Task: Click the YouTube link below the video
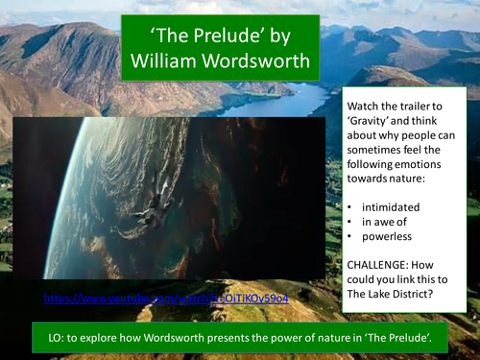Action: click(165, 300)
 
